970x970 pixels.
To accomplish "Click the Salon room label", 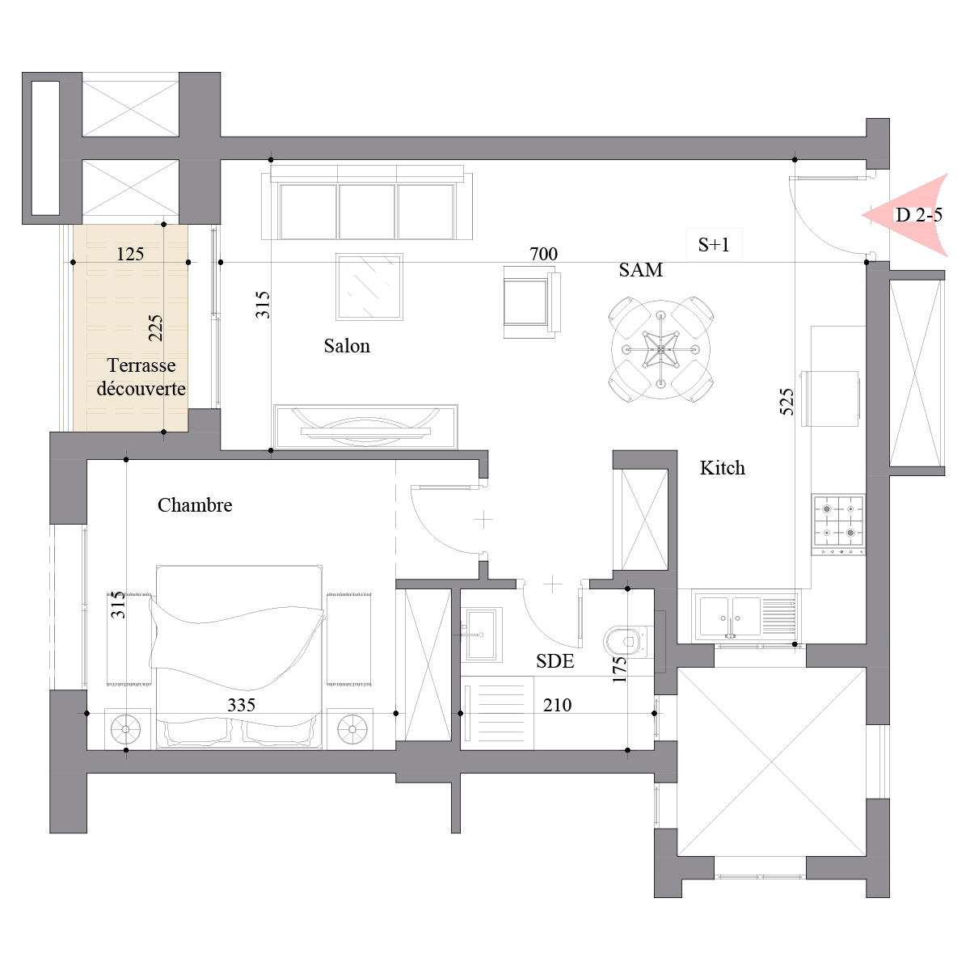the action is (347, 346).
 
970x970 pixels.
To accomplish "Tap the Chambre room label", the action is (195, 505).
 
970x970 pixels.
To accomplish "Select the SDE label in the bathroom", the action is (555, 661).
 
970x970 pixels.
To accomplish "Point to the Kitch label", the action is (723, 468).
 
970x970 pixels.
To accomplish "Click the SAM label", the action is (640, 270).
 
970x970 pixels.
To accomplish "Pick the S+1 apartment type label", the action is (714, 245).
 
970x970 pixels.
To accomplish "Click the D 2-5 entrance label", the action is (918, 216).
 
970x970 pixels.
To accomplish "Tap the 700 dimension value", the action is (543, 254).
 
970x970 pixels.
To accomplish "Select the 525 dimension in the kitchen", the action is (787, 402).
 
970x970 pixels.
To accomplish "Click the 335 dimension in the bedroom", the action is (241, 705).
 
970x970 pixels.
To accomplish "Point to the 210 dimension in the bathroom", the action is (557, 705).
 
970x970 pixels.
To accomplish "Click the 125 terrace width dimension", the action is (130, 254).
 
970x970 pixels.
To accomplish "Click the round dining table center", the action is (660, 349).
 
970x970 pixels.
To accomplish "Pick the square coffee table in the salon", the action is (369, 286).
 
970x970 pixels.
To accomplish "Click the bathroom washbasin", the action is (481, 635).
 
